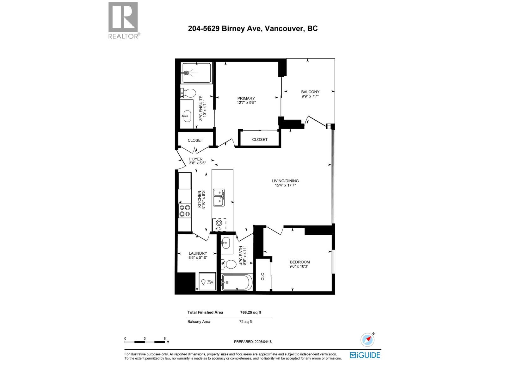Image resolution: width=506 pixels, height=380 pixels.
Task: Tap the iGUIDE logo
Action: [x=365, y=355]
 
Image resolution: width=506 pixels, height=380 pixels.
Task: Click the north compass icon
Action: [x=367, y=340]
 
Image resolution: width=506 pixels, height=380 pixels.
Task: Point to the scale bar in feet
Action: [x=145, y=342]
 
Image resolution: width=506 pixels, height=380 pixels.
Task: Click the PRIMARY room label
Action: [x=246, y=98]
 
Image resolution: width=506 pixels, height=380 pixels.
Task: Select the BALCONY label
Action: [x=310, y=92]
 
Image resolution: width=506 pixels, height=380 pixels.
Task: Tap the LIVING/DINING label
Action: [x=285, y=181]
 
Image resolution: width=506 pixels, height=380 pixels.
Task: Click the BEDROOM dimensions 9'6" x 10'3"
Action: [x=299, y=266]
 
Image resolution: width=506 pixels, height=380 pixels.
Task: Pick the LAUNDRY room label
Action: [x=198, y=253]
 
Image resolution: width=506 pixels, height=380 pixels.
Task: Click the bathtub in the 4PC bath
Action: [x=237, y=282]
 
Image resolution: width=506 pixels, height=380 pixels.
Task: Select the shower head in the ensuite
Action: [x=187, y=73]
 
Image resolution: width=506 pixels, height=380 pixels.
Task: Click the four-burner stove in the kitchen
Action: [x=185, y=211]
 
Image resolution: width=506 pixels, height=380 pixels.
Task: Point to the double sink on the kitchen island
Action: [x=219, y=198]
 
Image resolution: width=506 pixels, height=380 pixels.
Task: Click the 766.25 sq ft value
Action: [x=250, y=312]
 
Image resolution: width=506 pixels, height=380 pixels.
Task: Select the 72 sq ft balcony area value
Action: [x=245, y=321]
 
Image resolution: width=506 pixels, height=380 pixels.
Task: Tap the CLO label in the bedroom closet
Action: [x=262, y=276]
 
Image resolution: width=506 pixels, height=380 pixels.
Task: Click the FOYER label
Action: [x=196, y=159]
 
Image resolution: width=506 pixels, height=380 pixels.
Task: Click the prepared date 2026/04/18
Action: [x=263, y=342]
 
